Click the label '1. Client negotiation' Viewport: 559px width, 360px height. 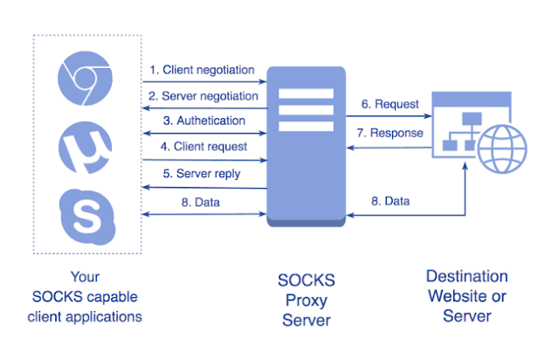(x=202, y=69)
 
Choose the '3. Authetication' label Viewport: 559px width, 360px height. (x=199, y=121)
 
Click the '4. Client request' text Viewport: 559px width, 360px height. (x=198, y=147)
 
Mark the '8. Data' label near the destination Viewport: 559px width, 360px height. (x=390, y=201)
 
